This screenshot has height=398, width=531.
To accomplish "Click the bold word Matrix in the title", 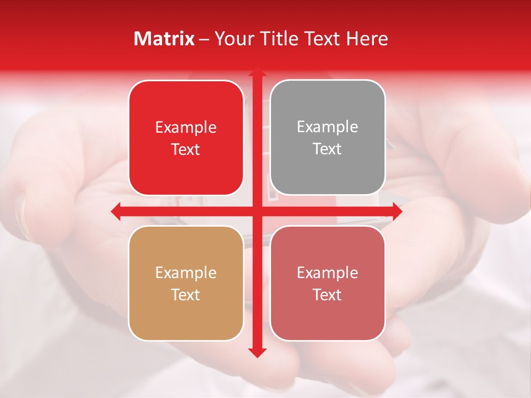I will click(x=164, y=39).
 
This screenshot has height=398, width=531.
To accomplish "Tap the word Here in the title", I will click(x=367, y=39).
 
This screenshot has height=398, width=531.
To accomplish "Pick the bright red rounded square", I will click(x=186, y=138).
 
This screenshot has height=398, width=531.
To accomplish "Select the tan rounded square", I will click(x=186, y=283).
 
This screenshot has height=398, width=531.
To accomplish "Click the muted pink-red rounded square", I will click(x=327, y=283).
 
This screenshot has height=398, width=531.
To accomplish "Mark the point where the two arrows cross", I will click(x=257, y=211).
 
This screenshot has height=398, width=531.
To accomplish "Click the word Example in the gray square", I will click(x=327, y=127).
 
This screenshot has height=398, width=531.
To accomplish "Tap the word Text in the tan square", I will click(x=186, y=295).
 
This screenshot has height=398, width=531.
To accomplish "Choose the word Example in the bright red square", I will click(x=186, y=127).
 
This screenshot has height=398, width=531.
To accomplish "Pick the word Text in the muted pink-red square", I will click(x=327, y=295).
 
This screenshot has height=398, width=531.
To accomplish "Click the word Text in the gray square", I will click(x=327, y=149).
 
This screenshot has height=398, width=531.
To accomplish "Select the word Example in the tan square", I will click(x=186, y=273).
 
